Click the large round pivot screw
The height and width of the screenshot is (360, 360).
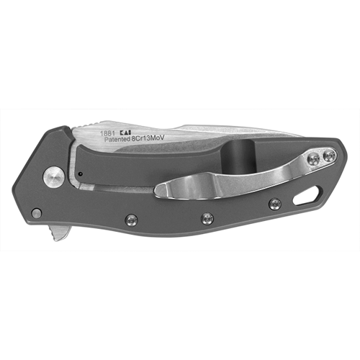[54, 177]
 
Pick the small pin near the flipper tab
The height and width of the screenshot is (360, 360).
[37, 213]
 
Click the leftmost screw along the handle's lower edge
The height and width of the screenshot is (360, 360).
[132, 219]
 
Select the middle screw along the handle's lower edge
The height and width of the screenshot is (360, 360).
[207, 218]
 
